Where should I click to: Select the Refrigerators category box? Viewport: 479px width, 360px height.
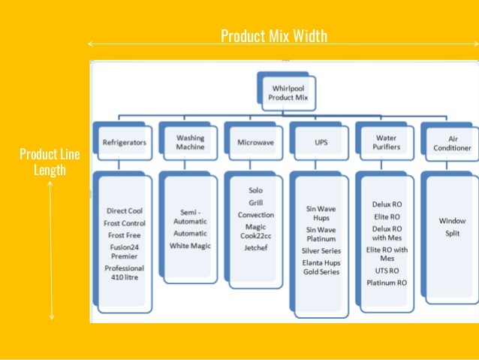125,141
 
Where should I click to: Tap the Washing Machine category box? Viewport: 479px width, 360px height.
190,142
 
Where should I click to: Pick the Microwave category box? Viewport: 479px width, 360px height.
255,141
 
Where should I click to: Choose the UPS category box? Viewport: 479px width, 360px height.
321,141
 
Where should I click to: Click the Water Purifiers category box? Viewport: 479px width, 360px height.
386,142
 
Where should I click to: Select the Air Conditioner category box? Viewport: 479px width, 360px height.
452,143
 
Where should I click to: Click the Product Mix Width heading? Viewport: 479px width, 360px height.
274,36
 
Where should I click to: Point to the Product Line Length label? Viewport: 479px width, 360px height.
50,162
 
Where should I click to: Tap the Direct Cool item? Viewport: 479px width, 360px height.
125,211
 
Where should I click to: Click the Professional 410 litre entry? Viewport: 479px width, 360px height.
125,272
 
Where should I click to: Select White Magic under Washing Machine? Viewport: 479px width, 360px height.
190,246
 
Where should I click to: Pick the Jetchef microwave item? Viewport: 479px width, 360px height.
255,246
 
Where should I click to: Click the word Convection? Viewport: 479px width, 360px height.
256,214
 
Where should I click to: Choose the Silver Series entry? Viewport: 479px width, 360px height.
321,250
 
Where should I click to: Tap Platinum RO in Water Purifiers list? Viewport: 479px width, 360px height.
387,283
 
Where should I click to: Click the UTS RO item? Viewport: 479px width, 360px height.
386,271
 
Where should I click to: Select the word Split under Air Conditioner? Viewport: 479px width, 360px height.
452,234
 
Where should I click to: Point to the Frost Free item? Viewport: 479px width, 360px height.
125,235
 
